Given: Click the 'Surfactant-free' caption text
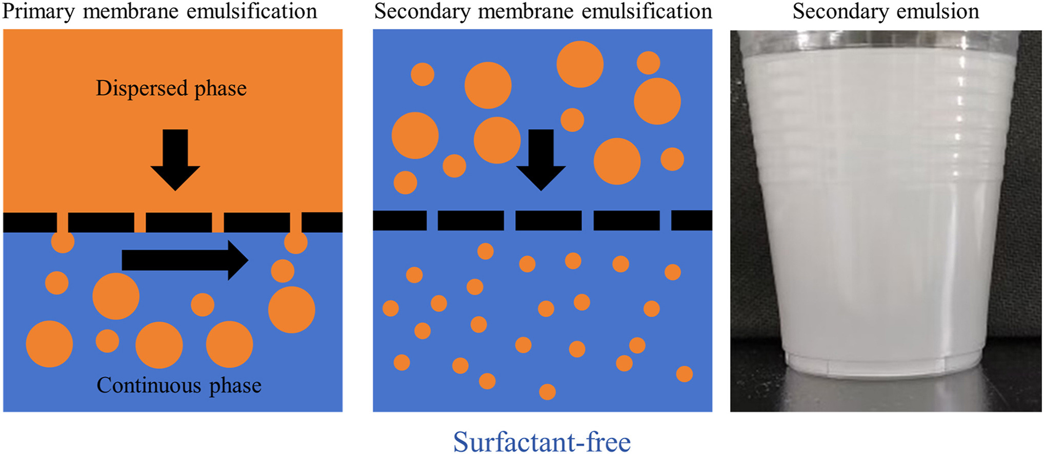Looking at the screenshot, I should tap(542, 442).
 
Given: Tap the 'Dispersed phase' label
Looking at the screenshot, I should tap(171, 88).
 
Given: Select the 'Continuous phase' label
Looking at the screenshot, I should tap(179, 385).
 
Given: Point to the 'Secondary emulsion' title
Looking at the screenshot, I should tap(886, 11).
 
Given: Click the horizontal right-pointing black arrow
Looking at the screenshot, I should tap(185, 260).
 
